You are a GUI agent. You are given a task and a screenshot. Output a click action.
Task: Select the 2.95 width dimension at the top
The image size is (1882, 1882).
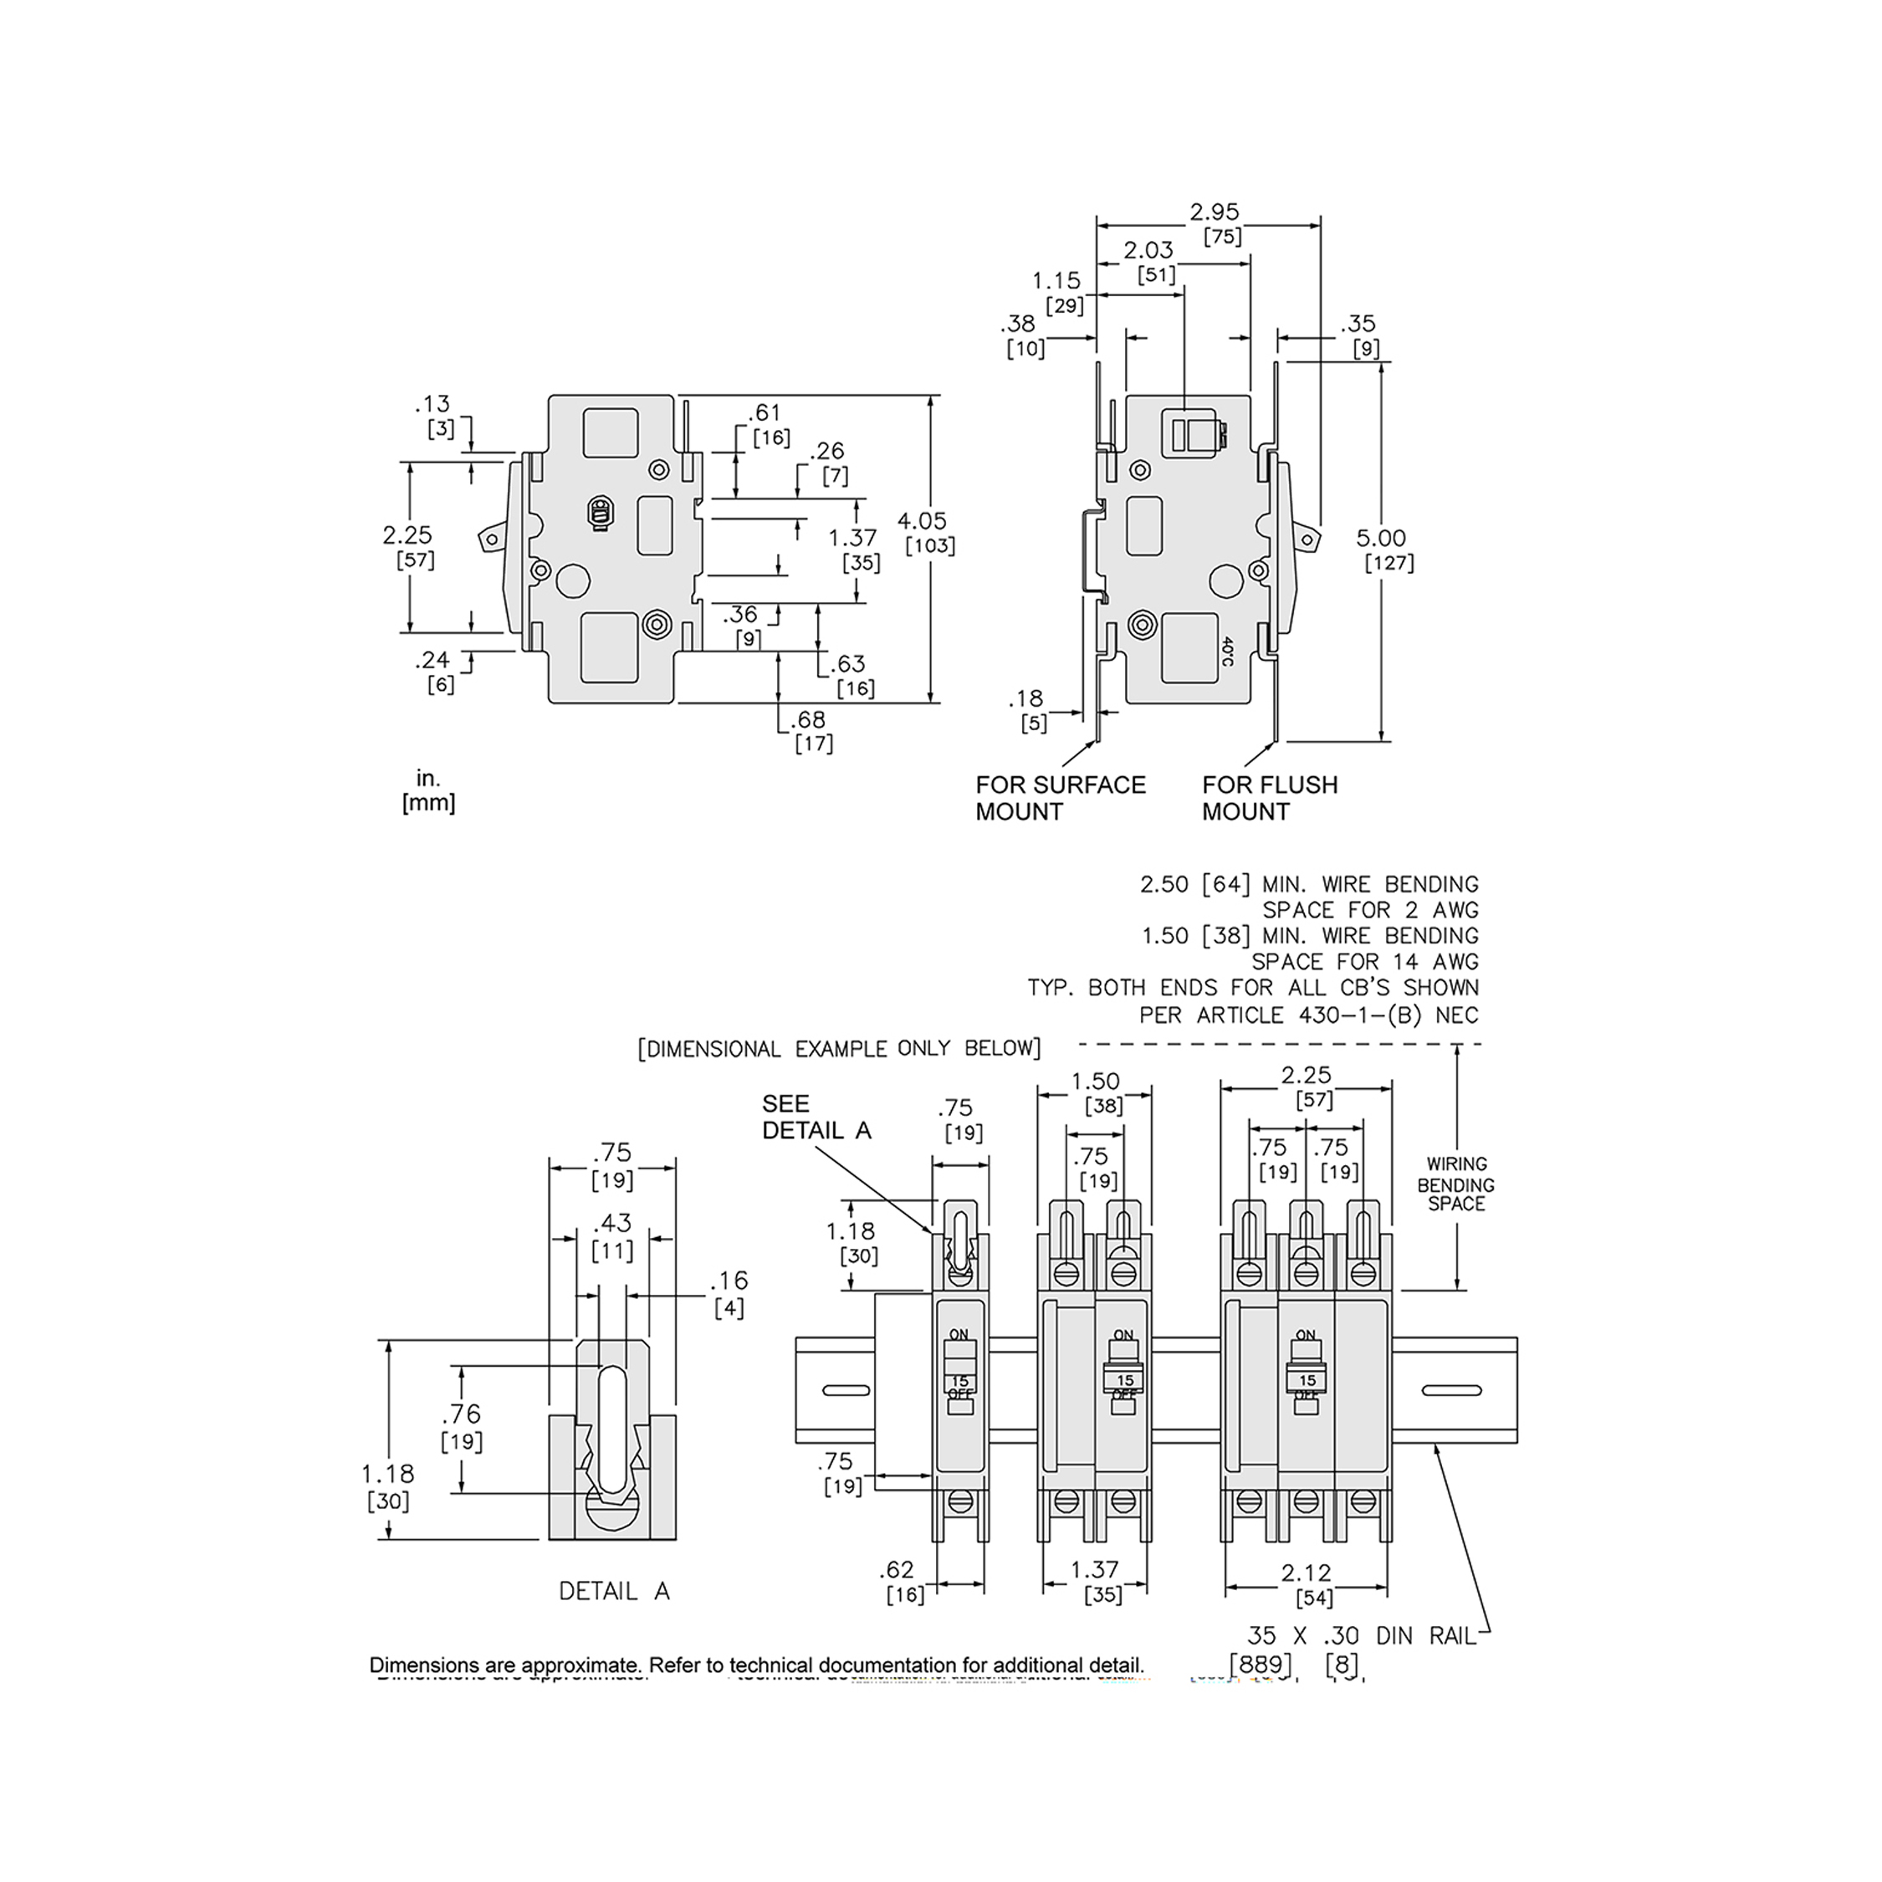(1215, 222)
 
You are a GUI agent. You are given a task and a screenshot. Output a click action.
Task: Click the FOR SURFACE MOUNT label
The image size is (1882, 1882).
(1060, 798)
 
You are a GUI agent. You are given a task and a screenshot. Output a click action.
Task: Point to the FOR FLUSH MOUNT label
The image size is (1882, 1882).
(1269, 798)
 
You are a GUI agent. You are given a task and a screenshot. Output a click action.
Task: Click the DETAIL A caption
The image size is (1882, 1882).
(614, 1591)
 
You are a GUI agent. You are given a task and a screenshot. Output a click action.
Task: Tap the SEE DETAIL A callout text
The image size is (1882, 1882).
(816, 1117)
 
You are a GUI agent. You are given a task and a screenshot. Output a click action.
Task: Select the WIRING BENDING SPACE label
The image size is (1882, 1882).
(1455, 1184)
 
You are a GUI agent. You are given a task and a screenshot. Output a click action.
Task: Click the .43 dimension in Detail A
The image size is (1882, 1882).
(611, 1235)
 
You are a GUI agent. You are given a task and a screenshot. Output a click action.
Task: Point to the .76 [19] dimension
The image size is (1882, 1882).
(461, 1426)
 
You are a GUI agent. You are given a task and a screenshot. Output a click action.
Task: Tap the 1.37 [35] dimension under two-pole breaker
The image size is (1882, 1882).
(1095, 1581)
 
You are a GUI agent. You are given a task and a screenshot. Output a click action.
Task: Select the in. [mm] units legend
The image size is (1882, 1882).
(428, 791)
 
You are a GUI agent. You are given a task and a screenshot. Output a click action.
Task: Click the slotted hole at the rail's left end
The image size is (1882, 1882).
(846, 1390)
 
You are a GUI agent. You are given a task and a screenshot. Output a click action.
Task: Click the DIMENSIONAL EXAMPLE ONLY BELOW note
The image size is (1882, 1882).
(839, 1048)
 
